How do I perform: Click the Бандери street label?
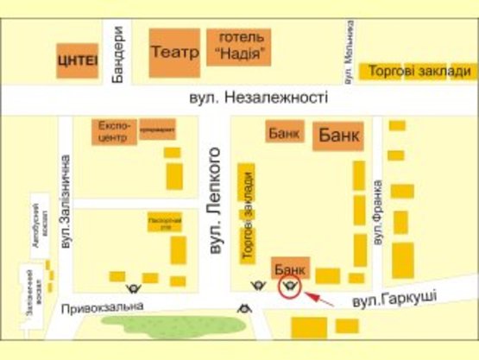pyautogui.click(x=120, y=51)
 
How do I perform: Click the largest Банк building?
pyautogui.click(x=339, y=136)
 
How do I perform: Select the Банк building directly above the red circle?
pyautogui.click(x=290, y=268)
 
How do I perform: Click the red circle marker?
pyautogui.click(x=291, y=287)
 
